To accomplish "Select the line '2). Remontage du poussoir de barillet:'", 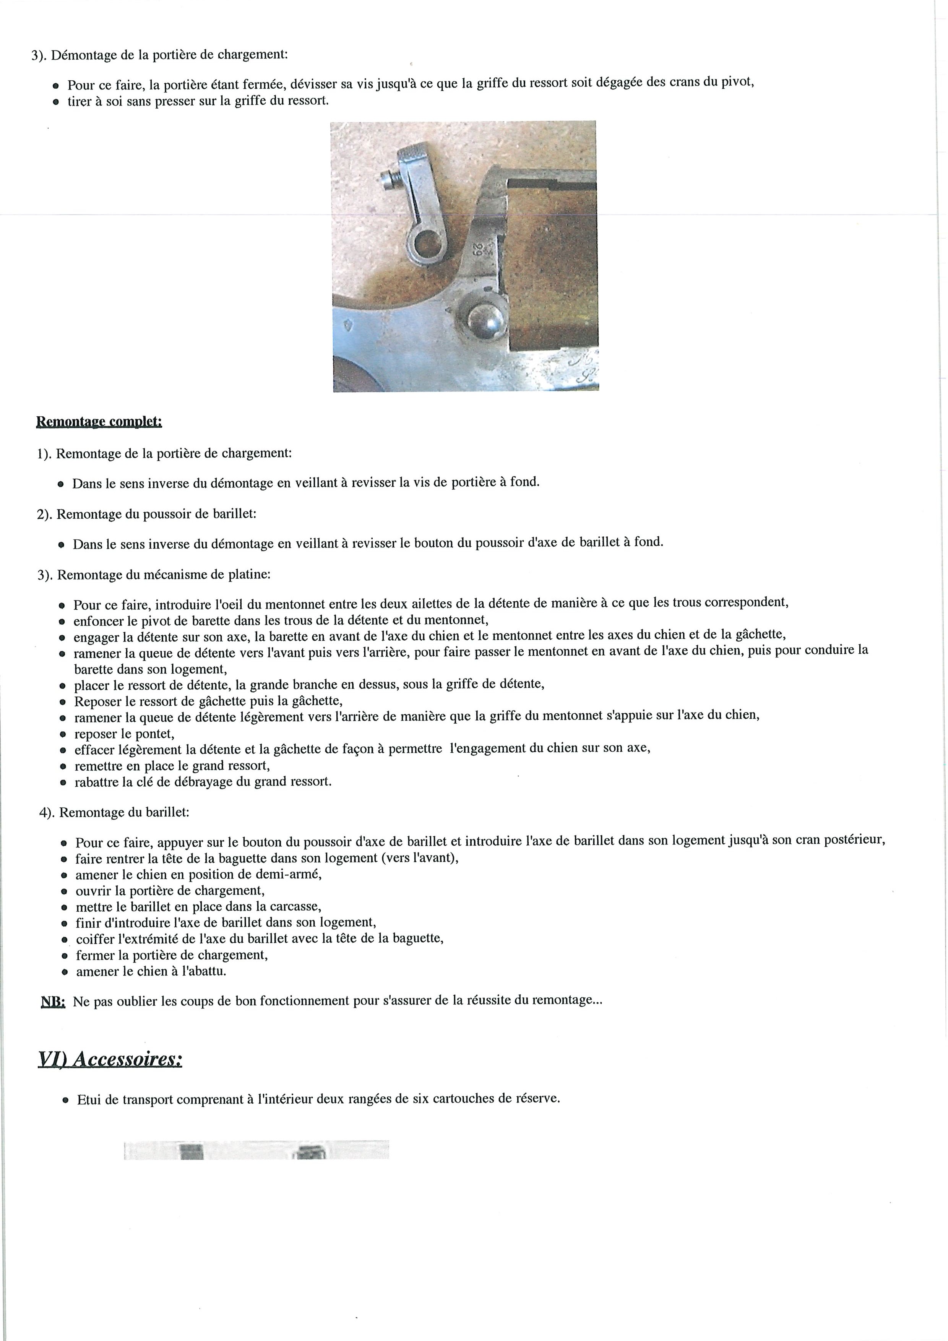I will coord(147,515).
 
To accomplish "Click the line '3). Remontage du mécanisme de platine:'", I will coord(154,575).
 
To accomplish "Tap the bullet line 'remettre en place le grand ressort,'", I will coord(172,766).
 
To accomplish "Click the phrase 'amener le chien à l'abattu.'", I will coord(151,971).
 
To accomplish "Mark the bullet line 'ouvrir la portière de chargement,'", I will coord(170,891).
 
